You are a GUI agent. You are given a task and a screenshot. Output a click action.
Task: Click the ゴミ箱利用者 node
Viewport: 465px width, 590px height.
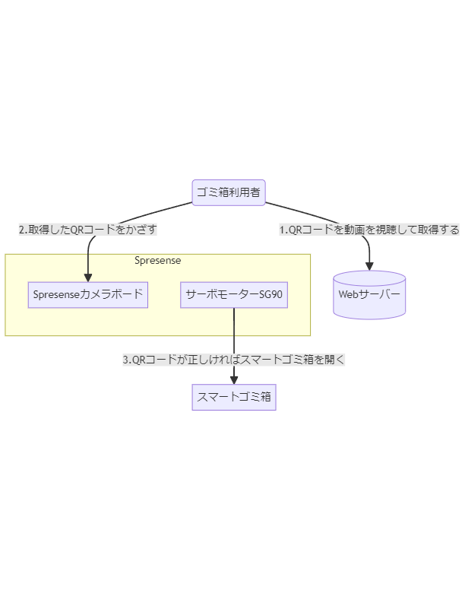(229, 192)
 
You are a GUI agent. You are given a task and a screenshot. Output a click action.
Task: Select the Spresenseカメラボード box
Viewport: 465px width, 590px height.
(88, 294)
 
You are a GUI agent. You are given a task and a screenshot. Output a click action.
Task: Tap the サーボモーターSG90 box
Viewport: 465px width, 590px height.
(234, 294)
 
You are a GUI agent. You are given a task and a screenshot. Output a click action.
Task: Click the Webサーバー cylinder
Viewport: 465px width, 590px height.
(369, 294)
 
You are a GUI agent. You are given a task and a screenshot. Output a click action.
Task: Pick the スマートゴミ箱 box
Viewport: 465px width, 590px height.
(234, 396)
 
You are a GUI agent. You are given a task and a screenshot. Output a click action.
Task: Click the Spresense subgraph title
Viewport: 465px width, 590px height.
(157, 261)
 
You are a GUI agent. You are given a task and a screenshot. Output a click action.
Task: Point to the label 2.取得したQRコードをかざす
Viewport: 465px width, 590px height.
(88, 229)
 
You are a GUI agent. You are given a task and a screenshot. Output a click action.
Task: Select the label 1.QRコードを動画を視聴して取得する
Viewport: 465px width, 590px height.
(369, 229)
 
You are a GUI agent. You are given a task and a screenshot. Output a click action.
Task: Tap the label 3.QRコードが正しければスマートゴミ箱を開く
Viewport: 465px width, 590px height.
(234, 360)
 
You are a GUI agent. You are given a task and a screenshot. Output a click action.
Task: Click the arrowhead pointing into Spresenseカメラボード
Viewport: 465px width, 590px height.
(88, 278)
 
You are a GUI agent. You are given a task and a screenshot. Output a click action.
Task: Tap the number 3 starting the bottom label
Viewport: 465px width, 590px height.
(126, 360)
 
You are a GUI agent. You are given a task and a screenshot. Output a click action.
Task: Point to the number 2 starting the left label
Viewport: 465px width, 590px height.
(22, 229)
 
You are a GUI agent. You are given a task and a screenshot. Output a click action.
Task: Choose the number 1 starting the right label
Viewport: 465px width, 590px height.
(283, 229)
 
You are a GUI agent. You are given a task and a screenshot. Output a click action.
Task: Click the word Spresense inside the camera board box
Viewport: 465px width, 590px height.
(55, 294)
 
